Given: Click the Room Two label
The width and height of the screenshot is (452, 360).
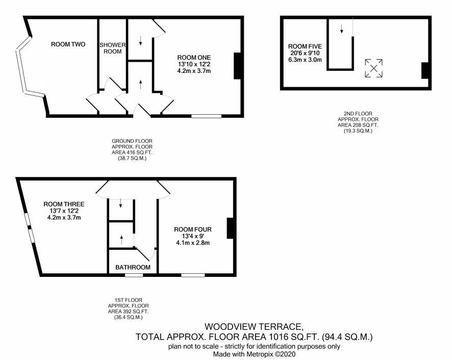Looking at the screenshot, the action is coord(68,44).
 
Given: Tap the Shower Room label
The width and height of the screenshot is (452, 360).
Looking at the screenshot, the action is coord(112,48).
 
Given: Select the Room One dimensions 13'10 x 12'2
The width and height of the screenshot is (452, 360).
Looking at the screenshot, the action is coord(194,64).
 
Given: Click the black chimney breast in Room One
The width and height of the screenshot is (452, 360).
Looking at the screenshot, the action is coord(237,66).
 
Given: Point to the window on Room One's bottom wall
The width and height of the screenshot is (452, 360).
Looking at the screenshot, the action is coord(207,116).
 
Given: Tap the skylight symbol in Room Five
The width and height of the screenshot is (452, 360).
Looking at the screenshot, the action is coord(373,68).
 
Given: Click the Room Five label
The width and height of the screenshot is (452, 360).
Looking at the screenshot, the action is coord(305,46).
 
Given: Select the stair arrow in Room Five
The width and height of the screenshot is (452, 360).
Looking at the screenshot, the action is coord(342,29).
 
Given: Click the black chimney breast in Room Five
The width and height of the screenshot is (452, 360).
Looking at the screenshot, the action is coord(425,70).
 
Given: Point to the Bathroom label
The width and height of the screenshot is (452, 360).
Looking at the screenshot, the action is coord(133,267).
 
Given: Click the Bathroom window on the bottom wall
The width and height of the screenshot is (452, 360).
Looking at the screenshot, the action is coord(134,275).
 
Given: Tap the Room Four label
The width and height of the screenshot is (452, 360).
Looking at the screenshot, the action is coord(193,229).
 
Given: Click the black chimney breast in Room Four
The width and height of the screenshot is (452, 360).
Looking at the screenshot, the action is coord(230,228).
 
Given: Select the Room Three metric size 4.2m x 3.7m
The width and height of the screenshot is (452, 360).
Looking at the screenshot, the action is coord(64,217).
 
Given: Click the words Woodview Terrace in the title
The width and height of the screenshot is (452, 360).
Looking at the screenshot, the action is coord(254,326).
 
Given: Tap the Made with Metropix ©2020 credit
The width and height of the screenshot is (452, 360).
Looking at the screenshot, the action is coord(254,354).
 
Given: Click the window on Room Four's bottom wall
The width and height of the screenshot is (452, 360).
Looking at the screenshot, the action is coord(193,275).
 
